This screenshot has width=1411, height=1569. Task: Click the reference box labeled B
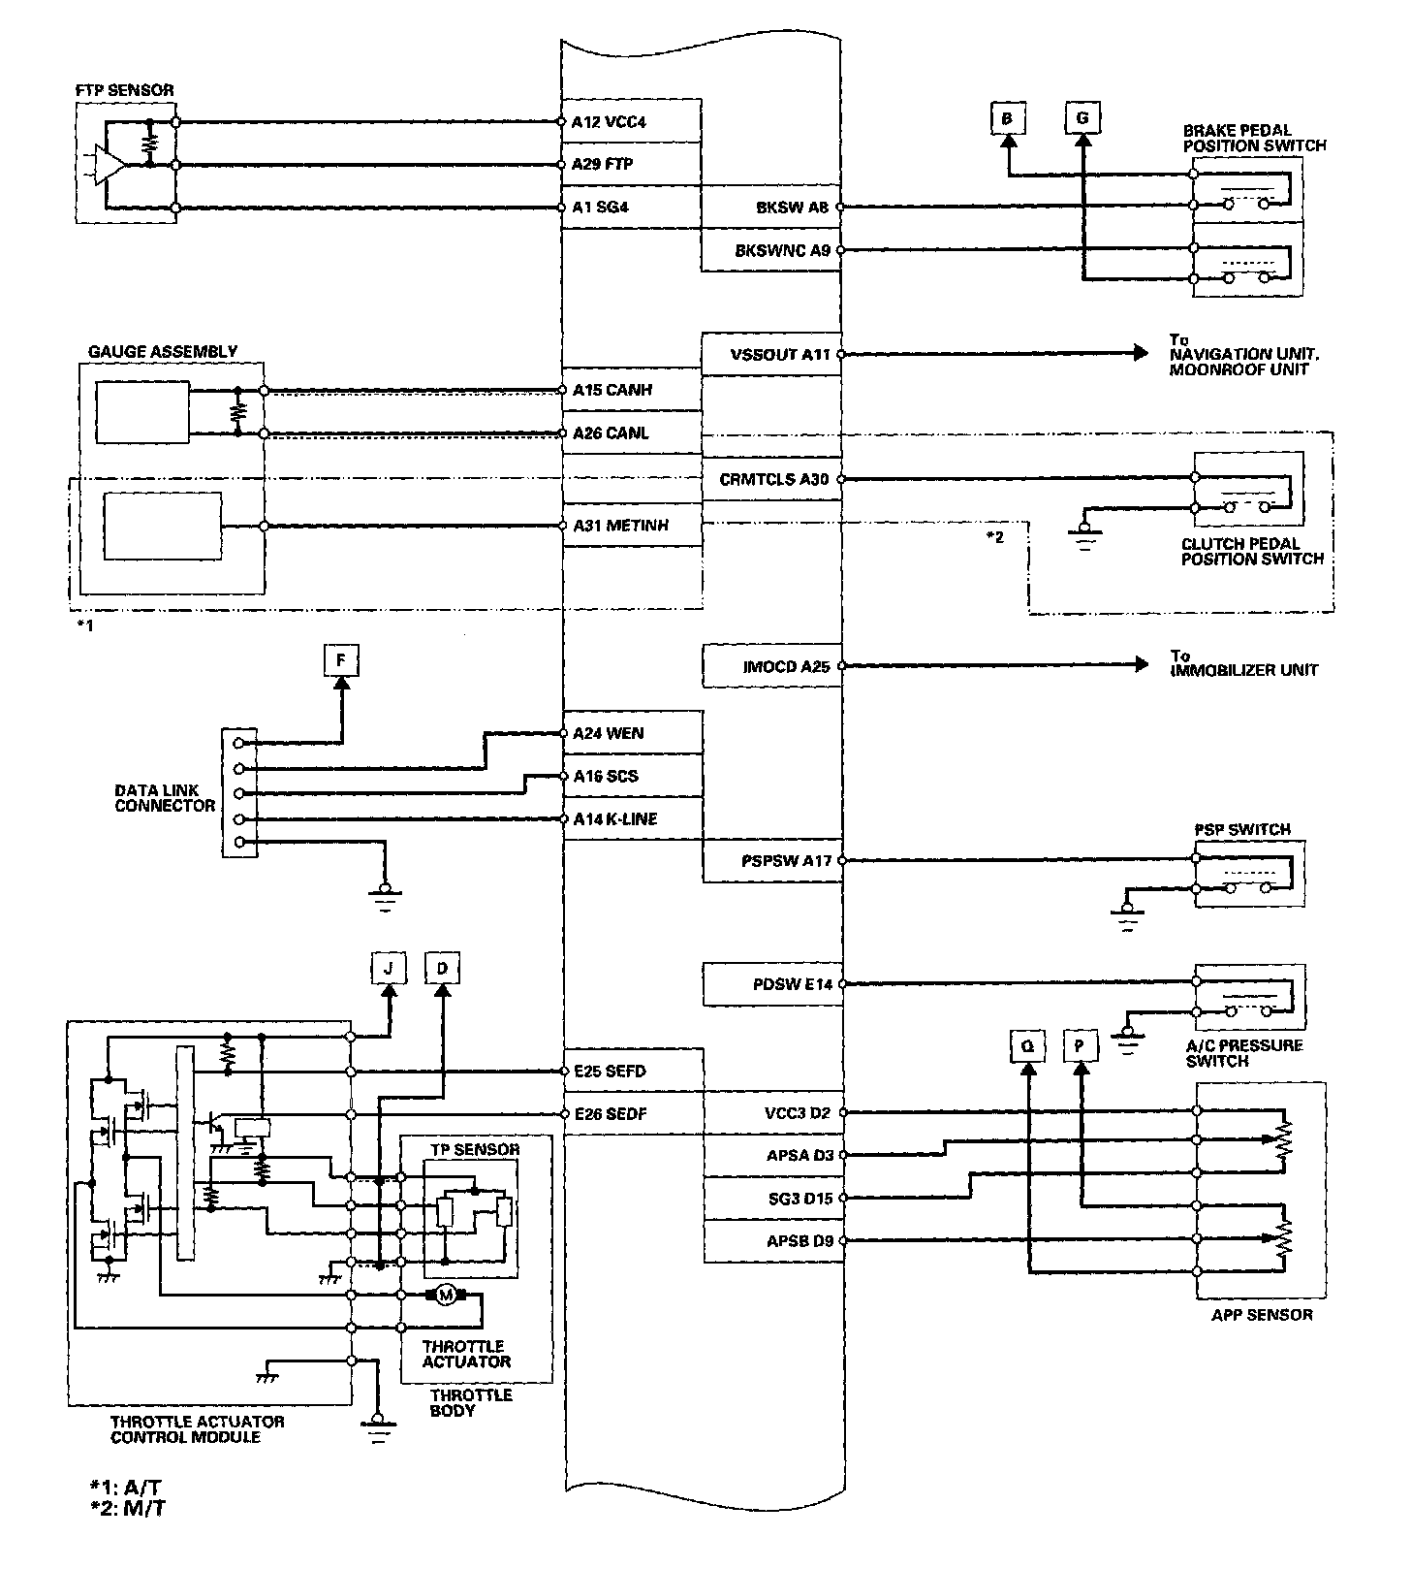(1008, 118)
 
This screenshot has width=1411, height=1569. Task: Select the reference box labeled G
(1082, 118)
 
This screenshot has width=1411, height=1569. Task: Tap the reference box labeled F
(340, 661)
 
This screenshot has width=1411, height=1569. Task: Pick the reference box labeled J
(389, 968)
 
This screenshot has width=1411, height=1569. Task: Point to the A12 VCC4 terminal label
(609, 122)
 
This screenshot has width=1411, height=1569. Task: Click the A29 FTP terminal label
(603, 165)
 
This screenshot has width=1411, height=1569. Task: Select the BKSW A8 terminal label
(793, 208)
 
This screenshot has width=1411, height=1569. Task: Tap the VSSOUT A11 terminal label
(780, 355)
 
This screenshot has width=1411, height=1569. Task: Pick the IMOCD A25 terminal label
(785, 667)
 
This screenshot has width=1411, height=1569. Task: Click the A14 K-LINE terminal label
(614, 819)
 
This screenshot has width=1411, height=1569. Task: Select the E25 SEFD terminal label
(609, 1072)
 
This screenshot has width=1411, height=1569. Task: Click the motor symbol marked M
(445, 1295)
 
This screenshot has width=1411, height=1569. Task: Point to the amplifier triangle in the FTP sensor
(110, 166)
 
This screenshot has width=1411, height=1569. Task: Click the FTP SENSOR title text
(125, 90)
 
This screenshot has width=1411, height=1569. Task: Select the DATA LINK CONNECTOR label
(165, 798)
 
